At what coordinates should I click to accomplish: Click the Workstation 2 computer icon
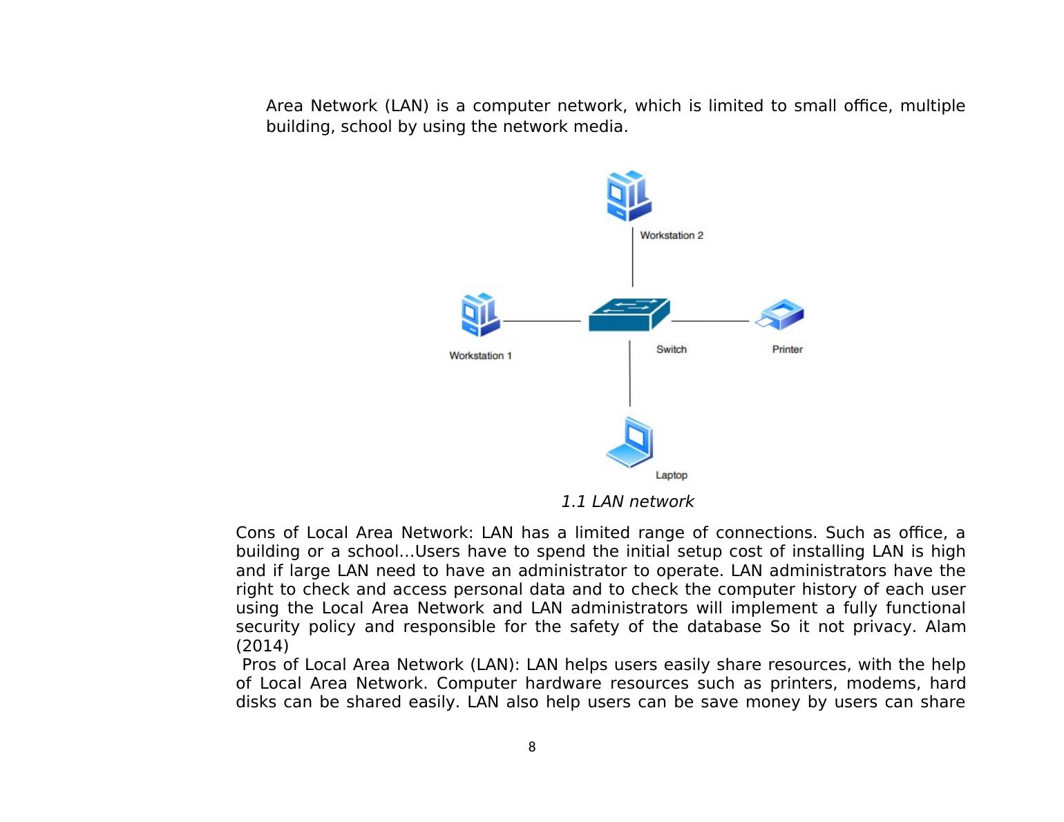(x=628, y=196)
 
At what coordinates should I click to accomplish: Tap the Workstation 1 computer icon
(x=480, y=315)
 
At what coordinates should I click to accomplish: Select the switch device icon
(x=629, y=315)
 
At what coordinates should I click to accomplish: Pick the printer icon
(x=781, y=315)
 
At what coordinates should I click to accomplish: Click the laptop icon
(x=630, y=443)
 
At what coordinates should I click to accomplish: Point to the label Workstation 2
(x=672, y=236)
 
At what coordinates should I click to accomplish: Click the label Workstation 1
(x=480, y=356)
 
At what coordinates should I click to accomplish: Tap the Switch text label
(x=672, y=350)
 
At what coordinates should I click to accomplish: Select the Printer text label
(x=787, y=350)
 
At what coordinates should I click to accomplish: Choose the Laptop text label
(x=672, y=475)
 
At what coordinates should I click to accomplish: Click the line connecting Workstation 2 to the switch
(x=632, y=257)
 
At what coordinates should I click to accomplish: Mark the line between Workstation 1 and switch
(x=542, y=321)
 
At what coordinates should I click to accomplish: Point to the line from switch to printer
(x=710, y=321)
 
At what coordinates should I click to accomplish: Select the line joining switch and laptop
(x=629, y=373)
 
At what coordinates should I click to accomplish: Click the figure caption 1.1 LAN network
(x=627, y=502)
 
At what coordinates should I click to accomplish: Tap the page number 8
(x=532, y=747)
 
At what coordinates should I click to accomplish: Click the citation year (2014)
(x=263, y=646)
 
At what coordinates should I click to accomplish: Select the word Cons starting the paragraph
(x=256, y=533)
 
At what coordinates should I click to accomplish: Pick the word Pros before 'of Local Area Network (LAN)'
(x=260, y=665)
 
